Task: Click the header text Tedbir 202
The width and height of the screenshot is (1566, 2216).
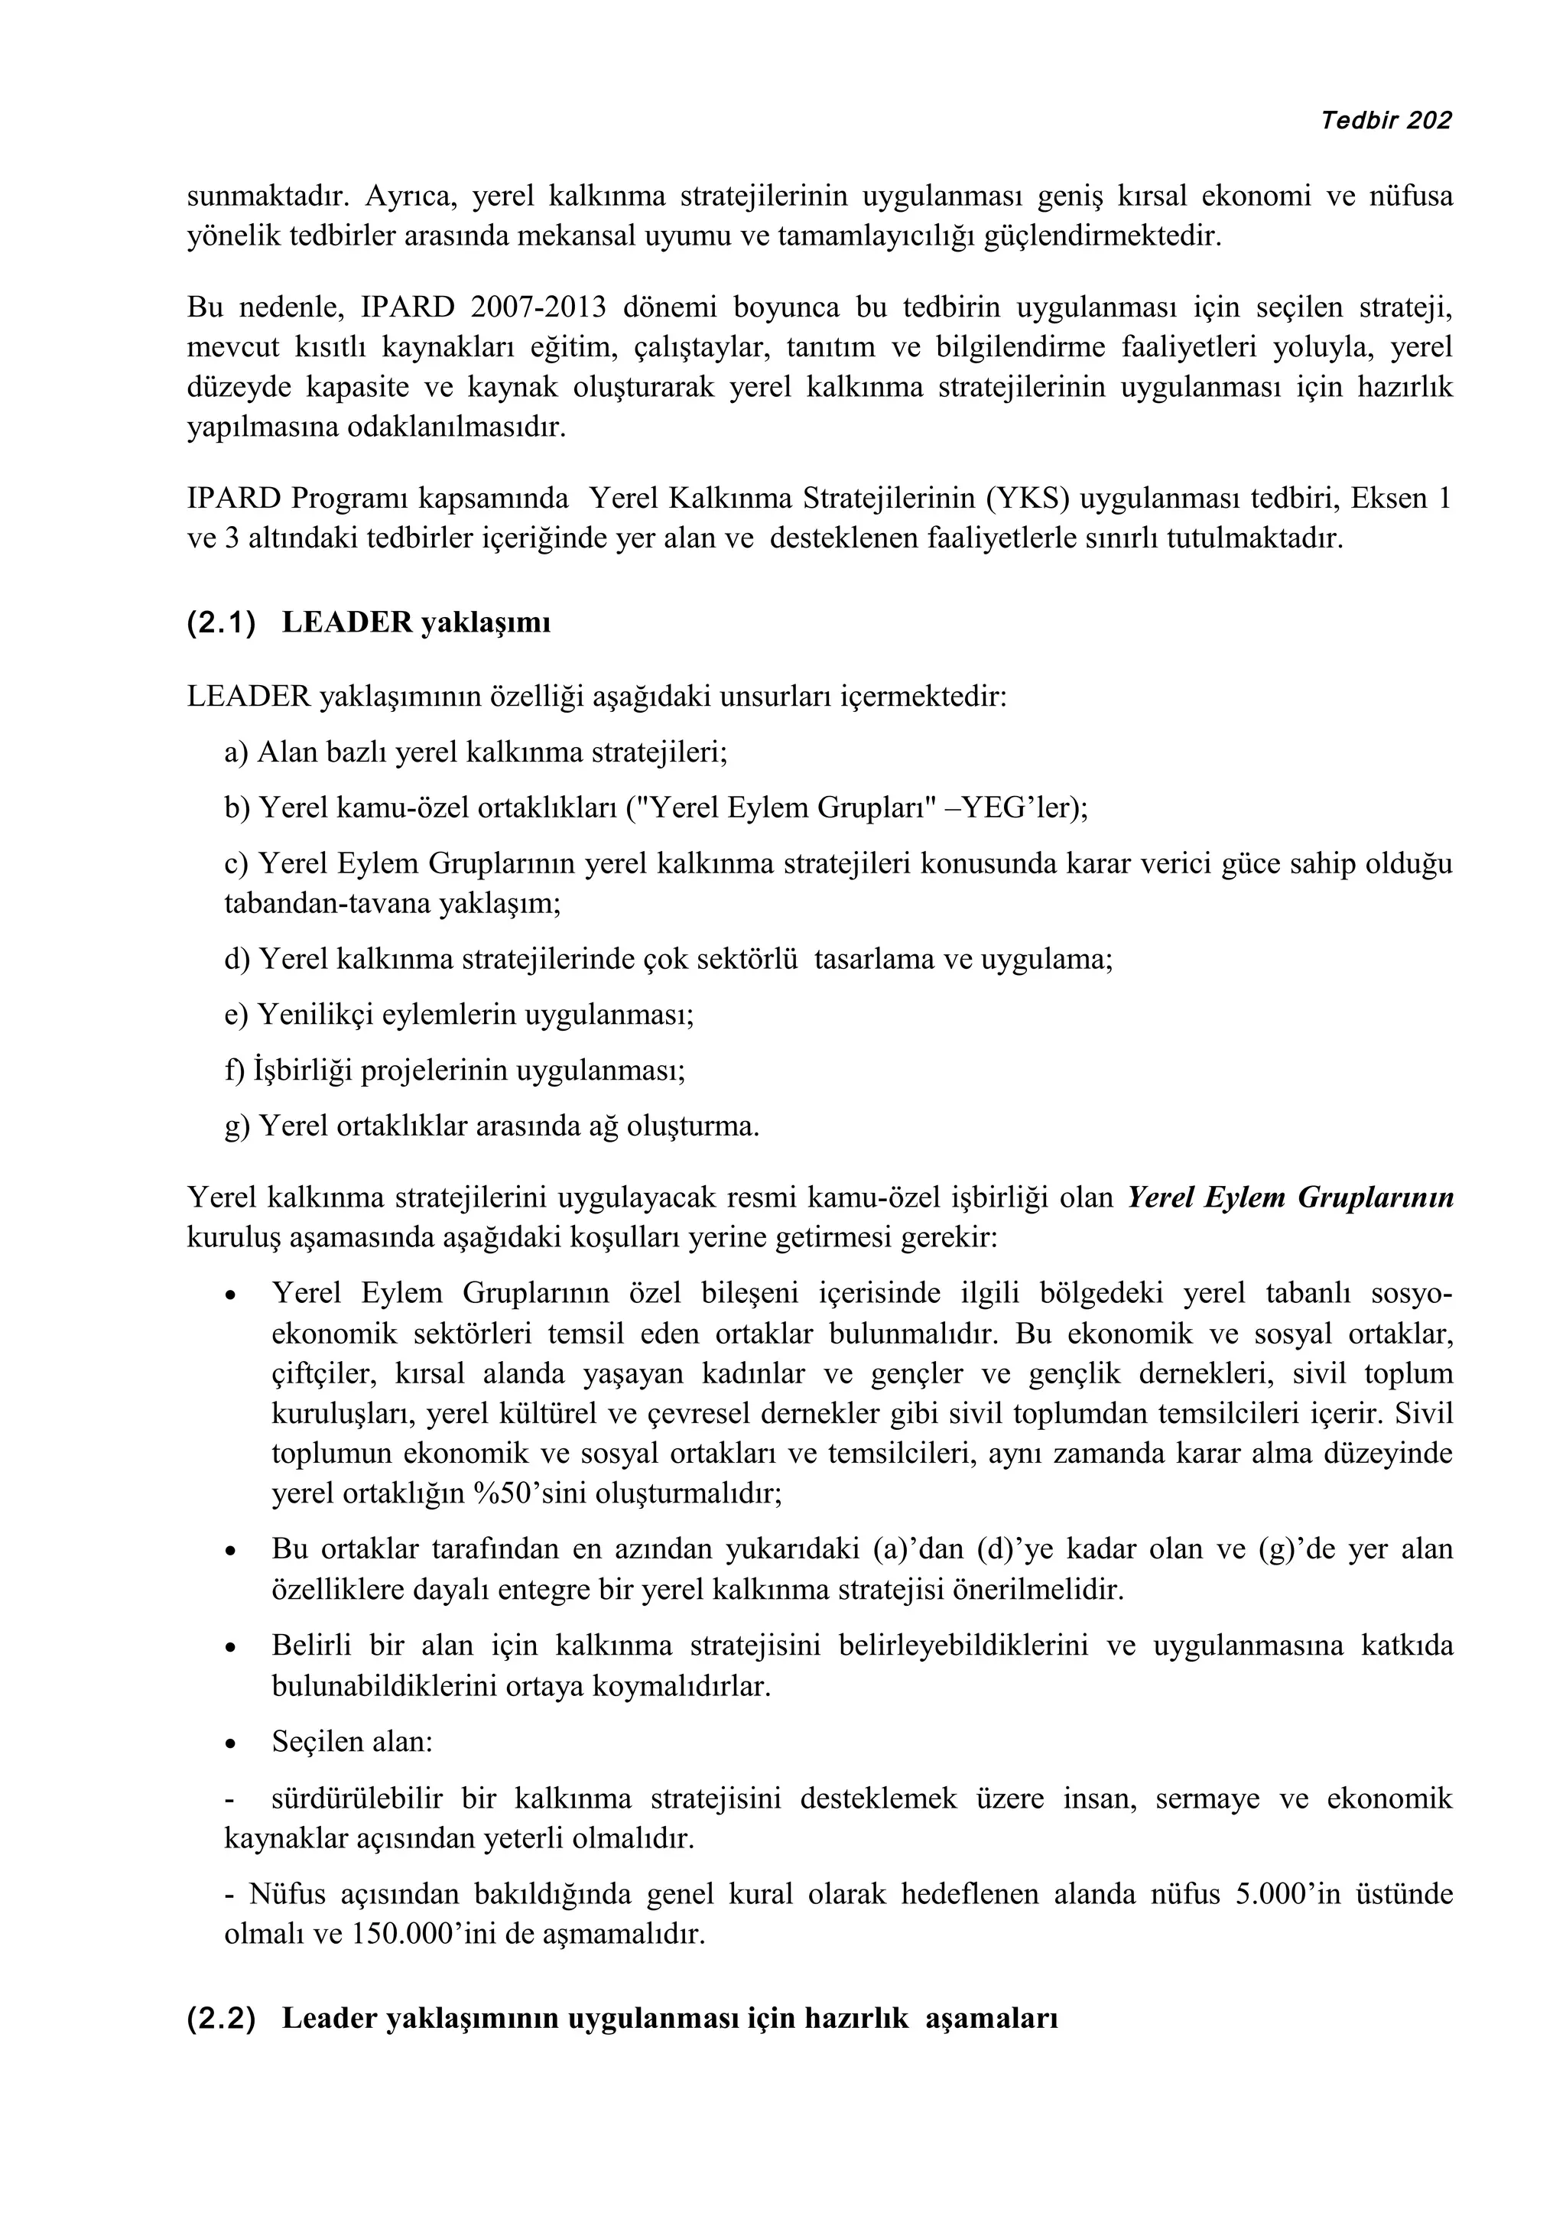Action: click(x=1386, y=121)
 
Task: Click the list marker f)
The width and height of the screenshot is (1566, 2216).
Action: click(x=235, y=1071)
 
